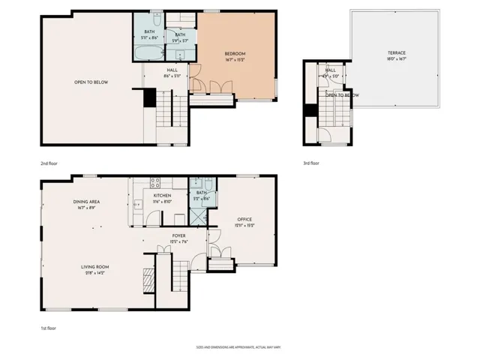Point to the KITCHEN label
click(x=163, y=195)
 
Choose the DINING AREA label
click(x=87, y=202)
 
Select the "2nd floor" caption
click(x=49, y=163)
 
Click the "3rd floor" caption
click(x=311, y=163)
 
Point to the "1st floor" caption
click(x=49, y=328)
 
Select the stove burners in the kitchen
click(x=155, y=181)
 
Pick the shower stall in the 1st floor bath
click(x=197, y=217)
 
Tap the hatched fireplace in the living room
click(x=148, y=283)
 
